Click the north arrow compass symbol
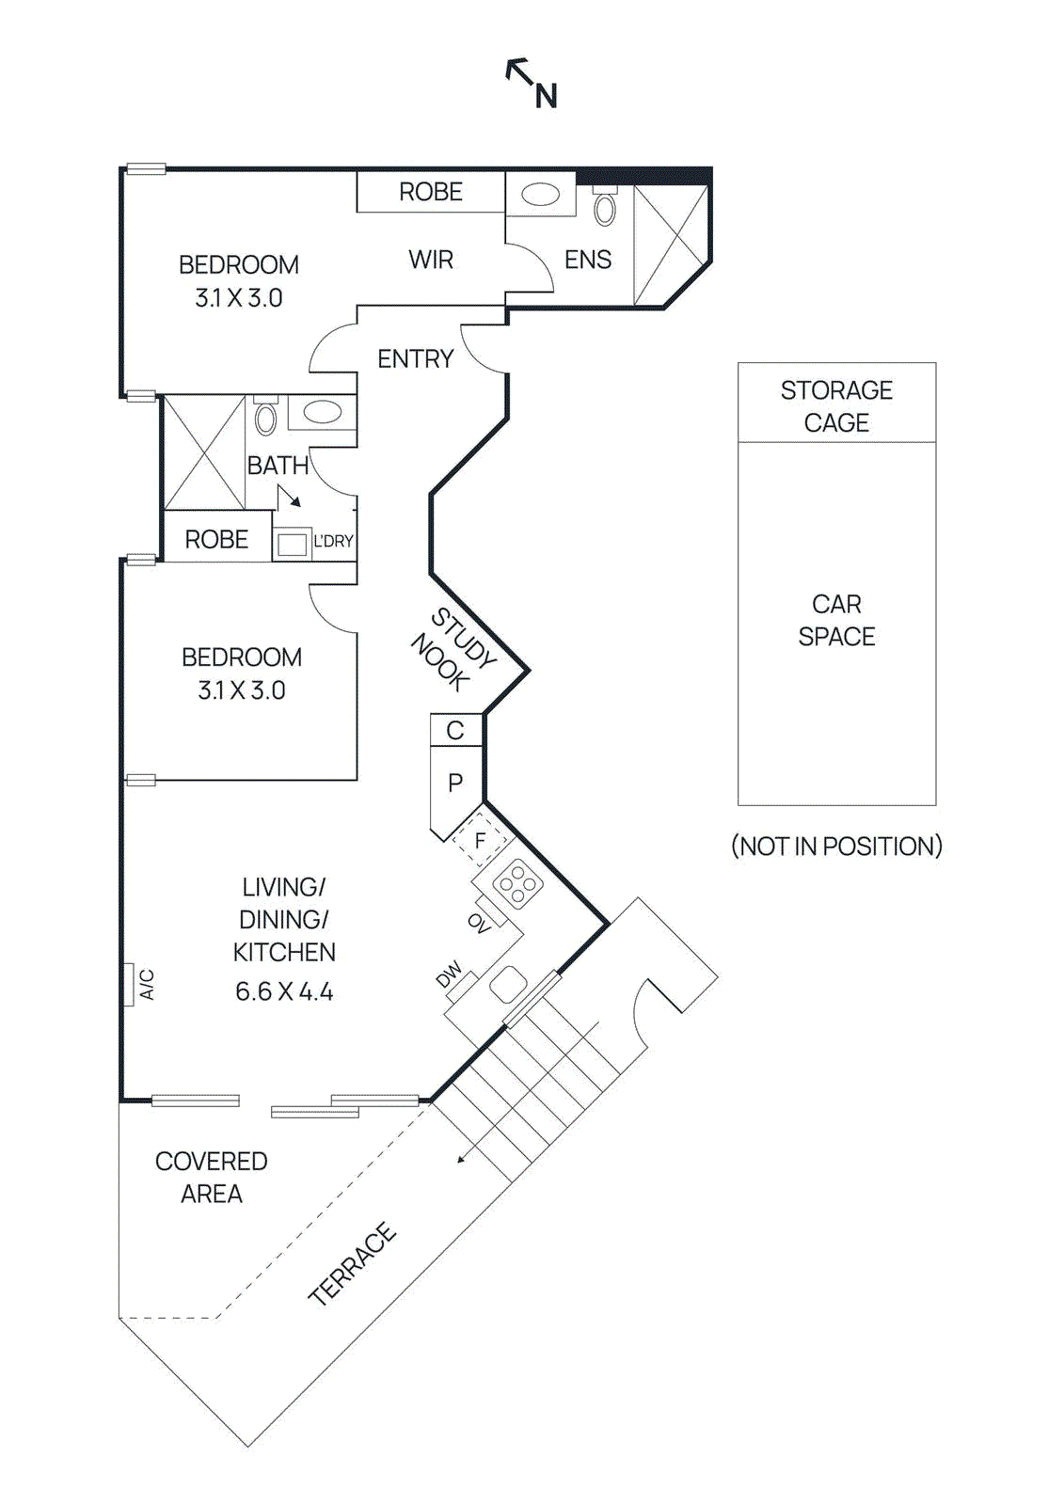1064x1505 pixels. tap(532, 83)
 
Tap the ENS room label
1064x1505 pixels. tap(588, 260)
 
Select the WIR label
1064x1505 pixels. tap(431, 260)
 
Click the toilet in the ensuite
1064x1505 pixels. tap(605, 208)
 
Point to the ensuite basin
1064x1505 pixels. tap(541, 195)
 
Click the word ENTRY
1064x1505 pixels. tap(415, 358)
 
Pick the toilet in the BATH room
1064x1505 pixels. tap(266, 419)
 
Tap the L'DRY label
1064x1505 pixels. tap(333, 542)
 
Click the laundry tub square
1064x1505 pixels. tap(293, 544)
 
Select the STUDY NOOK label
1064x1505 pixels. tap(453, 649)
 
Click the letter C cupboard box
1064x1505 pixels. tap(455, 731)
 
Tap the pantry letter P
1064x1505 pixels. tap(455, 783)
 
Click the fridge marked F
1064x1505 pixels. tap(481, 840)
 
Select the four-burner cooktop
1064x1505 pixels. tap(517, 884)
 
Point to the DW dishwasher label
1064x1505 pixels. tap(450, 974)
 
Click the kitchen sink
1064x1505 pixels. tap(509, 985)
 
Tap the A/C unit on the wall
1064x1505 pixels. tap(129, 985)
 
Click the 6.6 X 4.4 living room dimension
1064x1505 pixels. tap(284, 992)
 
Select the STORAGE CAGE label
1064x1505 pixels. tap(836, 406)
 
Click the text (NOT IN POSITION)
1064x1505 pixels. tap(836, 847)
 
